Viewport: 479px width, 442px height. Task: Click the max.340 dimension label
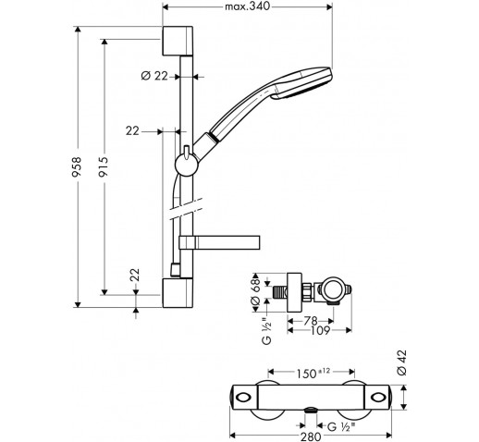[x=247, y=6]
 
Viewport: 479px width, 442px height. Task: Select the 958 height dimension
[x=77, y=166]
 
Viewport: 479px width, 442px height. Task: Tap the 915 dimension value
[x=104, y=166]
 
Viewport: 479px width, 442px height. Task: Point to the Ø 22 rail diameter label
[x=154, y=76]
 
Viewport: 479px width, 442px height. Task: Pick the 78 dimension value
[x=311, y=321]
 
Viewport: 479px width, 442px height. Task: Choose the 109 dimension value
[x=321, y=331]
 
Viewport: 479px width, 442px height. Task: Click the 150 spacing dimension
[x=313, y=374]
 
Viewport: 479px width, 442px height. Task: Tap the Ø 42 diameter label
[x=402, y=362]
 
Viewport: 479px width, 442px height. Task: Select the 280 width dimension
[x=311, y=436]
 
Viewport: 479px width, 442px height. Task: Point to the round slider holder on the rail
[x=187, y=165]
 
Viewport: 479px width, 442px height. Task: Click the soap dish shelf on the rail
[x=219, y=242]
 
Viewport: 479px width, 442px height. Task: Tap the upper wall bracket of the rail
[x=178, y=41]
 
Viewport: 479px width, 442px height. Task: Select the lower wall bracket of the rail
[x=178, y=293]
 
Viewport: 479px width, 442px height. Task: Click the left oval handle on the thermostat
[x=243, y=398]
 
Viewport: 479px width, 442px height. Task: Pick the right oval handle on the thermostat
[x=378, y=398]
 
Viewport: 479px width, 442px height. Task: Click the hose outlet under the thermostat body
[x=311, y=411]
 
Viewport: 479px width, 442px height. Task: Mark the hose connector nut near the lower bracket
[x=176, y=270]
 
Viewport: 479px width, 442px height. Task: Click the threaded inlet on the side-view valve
[x=280, y=292]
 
